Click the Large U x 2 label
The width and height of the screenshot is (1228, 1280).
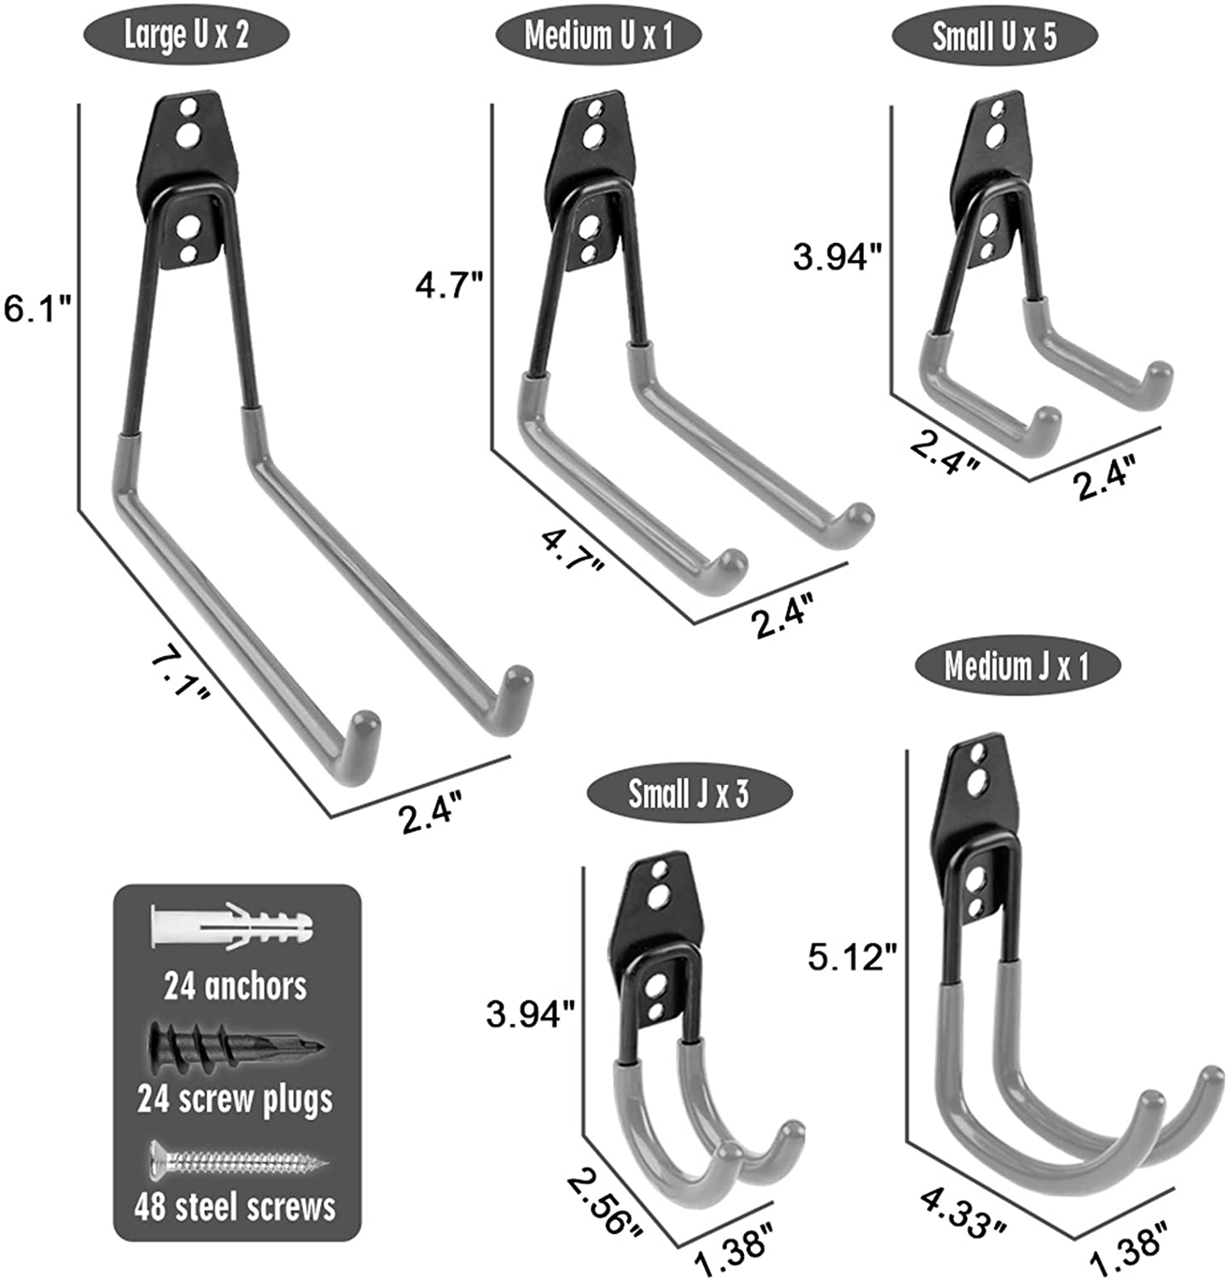(186, 36)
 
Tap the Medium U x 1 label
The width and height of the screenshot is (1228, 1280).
(598, 36)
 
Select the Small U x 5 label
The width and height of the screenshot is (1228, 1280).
(993, 36)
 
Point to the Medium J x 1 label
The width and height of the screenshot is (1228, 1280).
(1016, 666)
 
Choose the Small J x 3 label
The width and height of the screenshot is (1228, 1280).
(689, 794)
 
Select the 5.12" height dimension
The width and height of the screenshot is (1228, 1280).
(853, 957)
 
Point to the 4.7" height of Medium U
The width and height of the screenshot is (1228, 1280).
(451, 285)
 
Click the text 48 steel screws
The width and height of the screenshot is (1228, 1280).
(236, 1207)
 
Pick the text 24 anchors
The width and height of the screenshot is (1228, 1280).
(236, 986)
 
